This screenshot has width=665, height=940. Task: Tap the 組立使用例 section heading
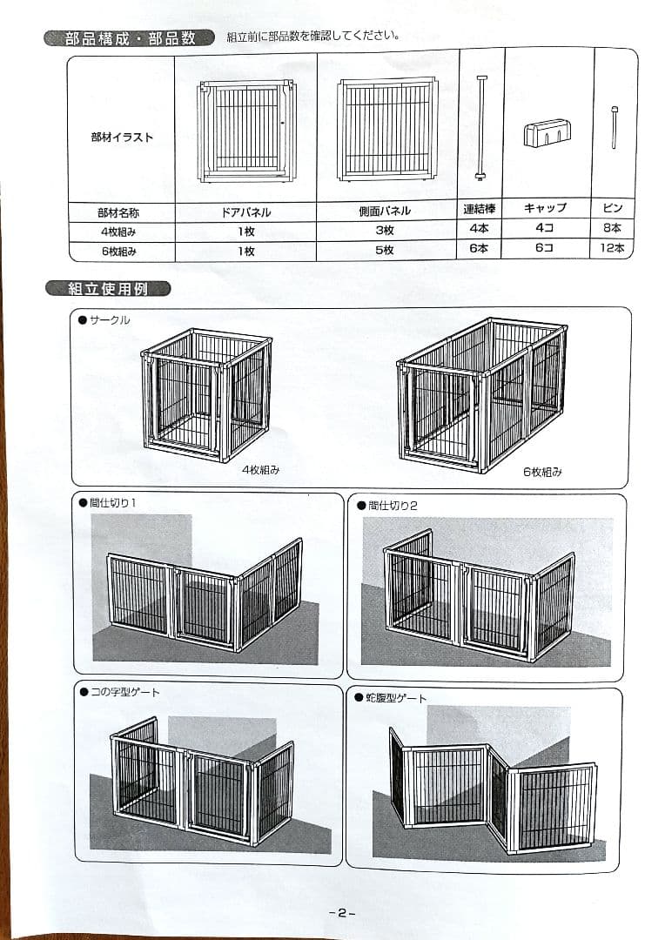click(x=108, y=289)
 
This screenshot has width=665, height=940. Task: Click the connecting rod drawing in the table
click(x=480, y=127)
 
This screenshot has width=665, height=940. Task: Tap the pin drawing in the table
click(x=615, y=127)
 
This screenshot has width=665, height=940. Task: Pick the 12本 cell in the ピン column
click(x=613, y=249)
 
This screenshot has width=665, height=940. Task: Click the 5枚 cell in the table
click(x=384, y=251)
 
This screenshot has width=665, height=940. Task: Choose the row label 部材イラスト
click(x=122, y=138)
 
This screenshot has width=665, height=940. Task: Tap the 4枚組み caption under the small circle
click(x=260, y=470)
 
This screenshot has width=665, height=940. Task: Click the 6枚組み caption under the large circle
click(x=542, y=473)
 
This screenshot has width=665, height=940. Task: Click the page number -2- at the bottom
click(x=342, y=913)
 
